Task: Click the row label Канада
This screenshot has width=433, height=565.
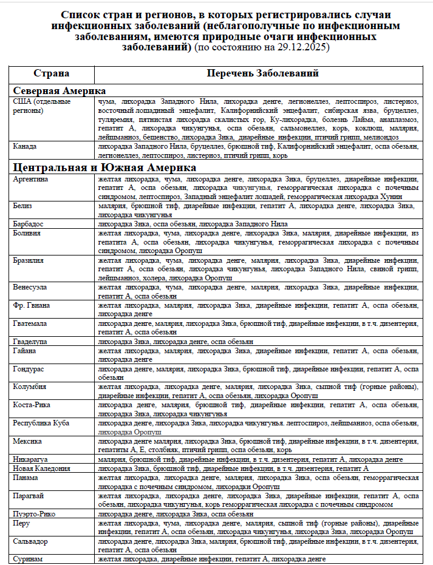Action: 26,147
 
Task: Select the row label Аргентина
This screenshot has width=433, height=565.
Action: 31,180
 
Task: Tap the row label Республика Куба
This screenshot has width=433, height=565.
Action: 41,422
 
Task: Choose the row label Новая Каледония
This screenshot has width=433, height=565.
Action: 41,468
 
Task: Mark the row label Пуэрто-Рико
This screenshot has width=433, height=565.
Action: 34,513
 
